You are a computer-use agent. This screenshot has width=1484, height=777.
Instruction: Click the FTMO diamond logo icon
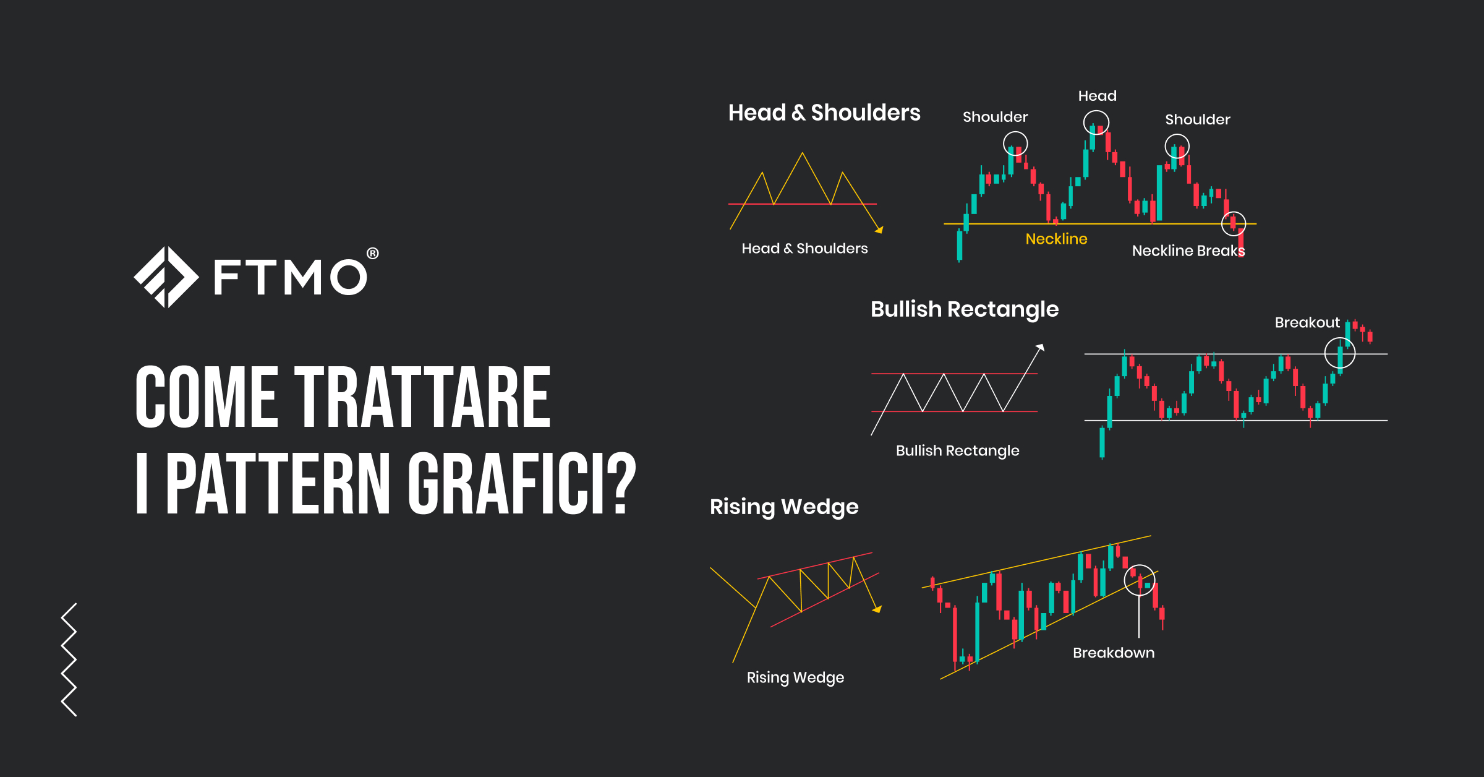[x=166, y=277]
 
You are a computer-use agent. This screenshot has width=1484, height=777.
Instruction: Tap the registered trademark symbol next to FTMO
[x=372, y=254]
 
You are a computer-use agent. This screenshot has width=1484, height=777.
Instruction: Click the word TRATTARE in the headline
[x=422, y=397]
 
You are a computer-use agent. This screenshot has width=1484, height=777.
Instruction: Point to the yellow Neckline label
[x=1056, y=239]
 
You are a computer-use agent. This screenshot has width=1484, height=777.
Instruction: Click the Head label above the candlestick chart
[x=1097, y=96]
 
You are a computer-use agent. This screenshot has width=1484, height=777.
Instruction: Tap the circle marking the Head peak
[x=1096, y=123]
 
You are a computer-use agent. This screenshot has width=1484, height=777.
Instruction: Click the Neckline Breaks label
[x=1188, y=251]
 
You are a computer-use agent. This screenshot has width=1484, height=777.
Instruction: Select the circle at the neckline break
[x=1233, y=223]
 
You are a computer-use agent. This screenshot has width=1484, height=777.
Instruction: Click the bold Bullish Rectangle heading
[x=964, y=309]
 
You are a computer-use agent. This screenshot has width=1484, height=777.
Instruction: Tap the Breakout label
[x=1307, y=322]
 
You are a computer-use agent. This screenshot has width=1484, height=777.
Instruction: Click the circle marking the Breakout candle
[x=1339, y=353]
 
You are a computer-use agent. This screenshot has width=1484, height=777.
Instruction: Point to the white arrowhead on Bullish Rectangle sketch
[x=1041, y=347]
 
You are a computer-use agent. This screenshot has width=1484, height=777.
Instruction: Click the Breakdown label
[x=1113, y=653]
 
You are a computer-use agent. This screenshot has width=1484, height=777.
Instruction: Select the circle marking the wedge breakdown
[x=1139, y=580]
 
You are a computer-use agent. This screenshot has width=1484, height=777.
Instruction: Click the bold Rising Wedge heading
[x=783, y=507]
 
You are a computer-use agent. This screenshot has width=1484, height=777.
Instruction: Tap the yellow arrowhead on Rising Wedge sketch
[x=877, y=609]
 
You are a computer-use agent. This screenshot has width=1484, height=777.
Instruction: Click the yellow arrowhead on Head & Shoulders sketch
[x=879, y=230]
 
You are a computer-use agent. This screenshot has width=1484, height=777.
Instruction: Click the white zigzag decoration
[x=69, y=659]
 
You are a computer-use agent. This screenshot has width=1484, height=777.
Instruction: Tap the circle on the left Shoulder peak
[x=1015, y=144]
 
